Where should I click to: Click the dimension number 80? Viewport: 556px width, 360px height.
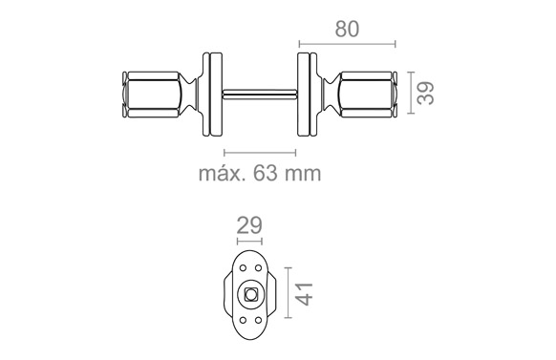pos(347,29)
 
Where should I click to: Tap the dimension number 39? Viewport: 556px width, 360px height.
pos(425,93)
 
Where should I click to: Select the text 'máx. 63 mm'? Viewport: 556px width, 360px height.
pos(260,173)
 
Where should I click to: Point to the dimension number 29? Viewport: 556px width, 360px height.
pos(249,225)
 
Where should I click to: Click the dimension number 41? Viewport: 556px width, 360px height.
pos(305,294)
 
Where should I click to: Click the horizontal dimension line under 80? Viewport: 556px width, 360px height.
pos(347,44)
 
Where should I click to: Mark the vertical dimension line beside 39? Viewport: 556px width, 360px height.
pos(411,93)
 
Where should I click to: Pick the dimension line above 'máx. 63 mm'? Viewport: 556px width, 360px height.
pos(260,153)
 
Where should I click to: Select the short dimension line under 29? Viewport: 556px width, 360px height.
pos(249,242)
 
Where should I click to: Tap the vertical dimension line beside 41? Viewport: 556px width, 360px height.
pos(288,292)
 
